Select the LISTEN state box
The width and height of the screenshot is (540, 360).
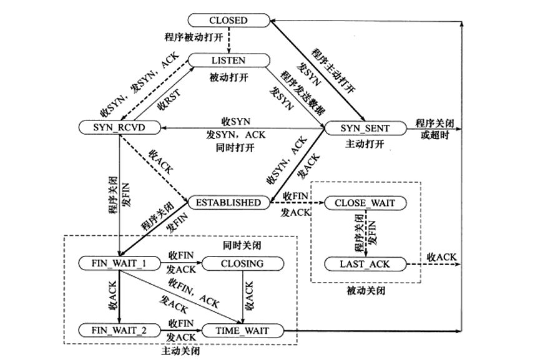point(229,60)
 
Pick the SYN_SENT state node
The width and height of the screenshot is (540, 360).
point(365,128)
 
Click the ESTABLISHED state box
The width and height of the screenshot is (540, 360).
point(228,202)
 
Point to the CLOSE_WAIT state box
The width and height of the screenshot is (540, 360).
point(365,203)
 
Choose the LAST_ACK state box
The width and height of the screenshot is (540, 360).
point(365,264)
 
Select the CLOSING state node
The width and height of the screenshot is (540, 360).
point(242,263)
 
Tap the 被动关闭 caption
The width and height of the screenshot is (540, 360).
point(365,291)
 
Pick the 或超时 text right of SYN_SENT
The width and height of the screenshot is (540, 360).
point(434,135)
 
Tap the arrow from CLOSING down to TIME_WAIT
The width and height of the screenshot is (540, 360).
point(242,296)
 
